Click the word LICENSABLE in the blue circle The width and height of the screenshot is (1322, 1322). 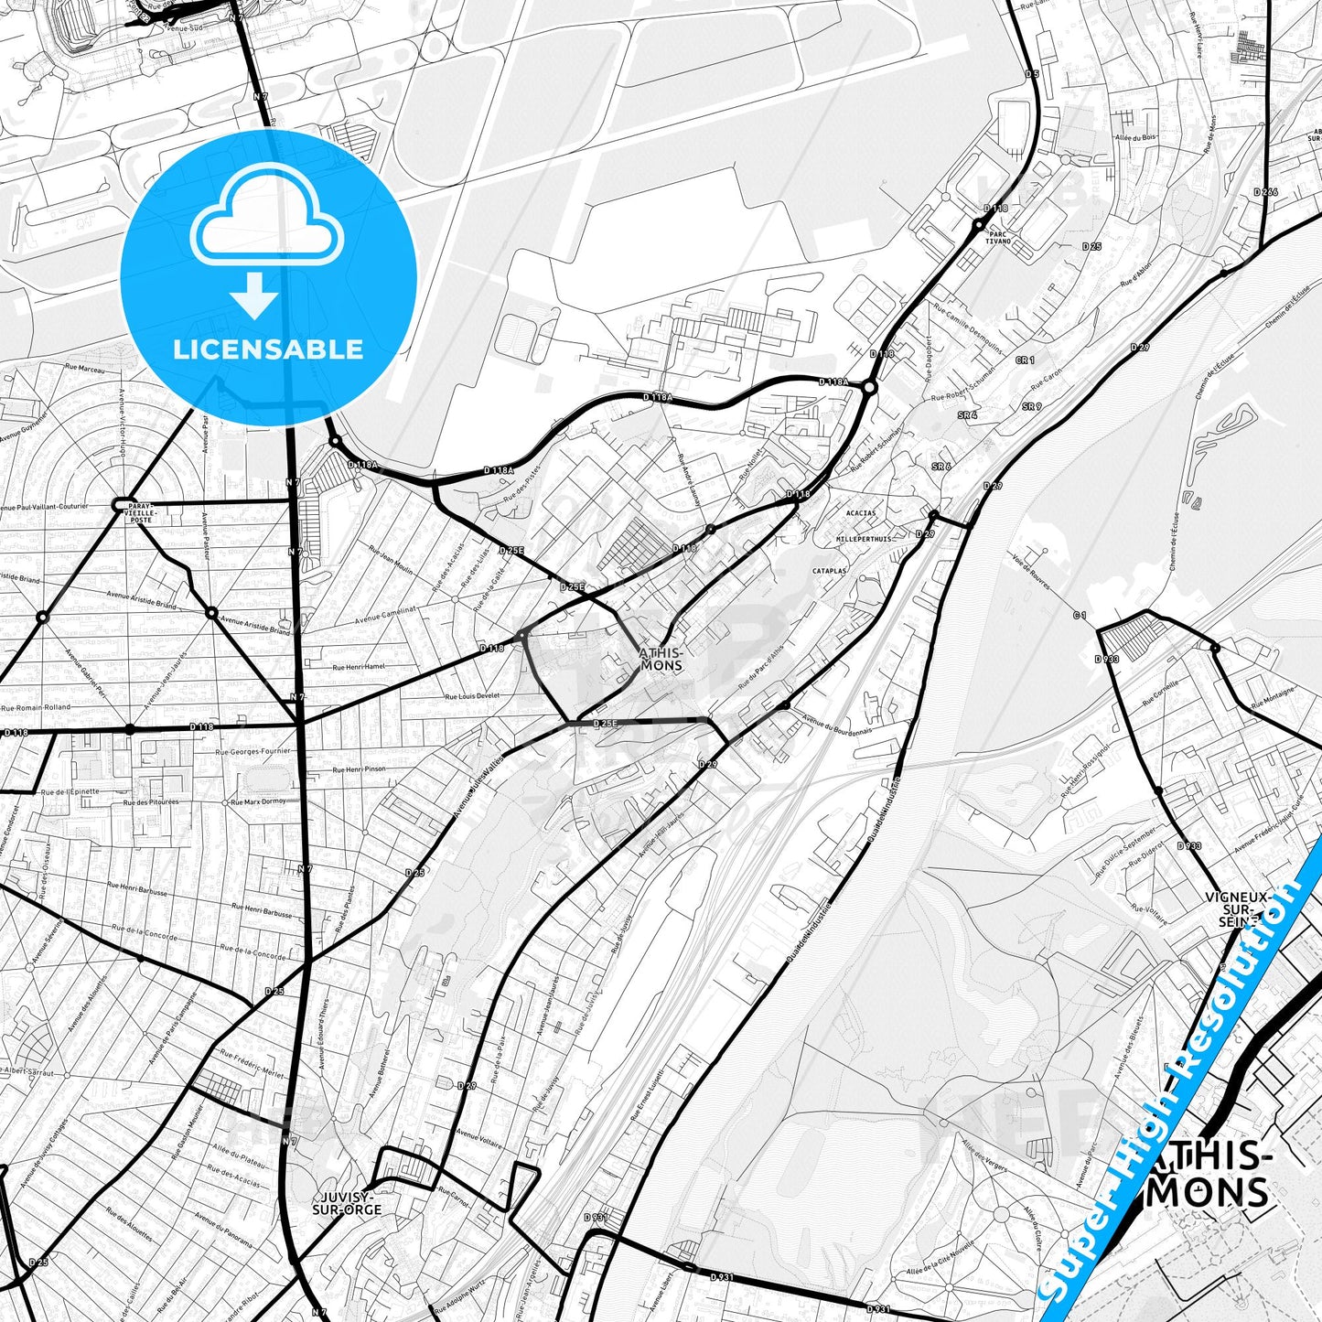pos(268,349)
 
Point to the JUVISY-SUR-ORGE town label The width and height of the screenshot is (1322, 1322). pos(347,1202)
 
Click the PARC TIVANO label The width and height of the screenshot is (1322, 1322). pos(998,237)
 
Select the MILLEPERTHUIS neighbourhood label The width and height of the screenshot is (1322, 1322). pos(864,539)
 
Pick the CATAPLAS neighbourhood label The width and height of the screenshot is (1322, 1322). pos(829,570)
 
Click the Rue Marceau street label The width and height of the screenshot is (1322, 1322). pos(85,370)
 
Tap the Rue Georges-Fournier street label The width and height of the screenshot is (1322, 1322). pos(253,751)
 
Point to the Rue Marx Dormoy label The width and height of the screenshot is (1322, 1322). pos(258,801)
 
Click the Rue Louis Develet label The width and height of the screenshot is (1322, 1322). pos(472,696)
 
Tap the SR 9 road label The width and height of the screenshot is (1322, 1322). pos(1032,406)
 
